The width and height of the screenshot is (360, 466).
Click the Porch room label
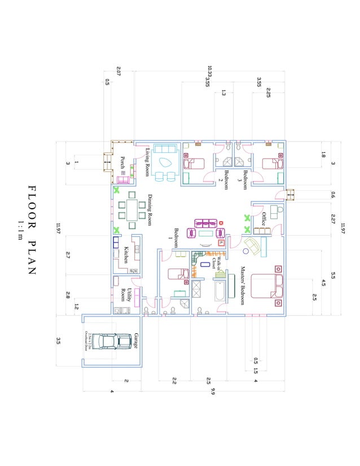122,162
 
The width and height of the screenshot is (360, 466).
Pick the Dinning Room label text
151,210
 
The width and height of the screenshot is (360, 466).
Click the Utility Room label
126,294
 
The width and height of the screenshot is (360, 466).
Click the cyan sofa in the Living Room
165,150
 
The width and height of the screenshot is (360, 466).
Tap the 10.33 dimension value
209,71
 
